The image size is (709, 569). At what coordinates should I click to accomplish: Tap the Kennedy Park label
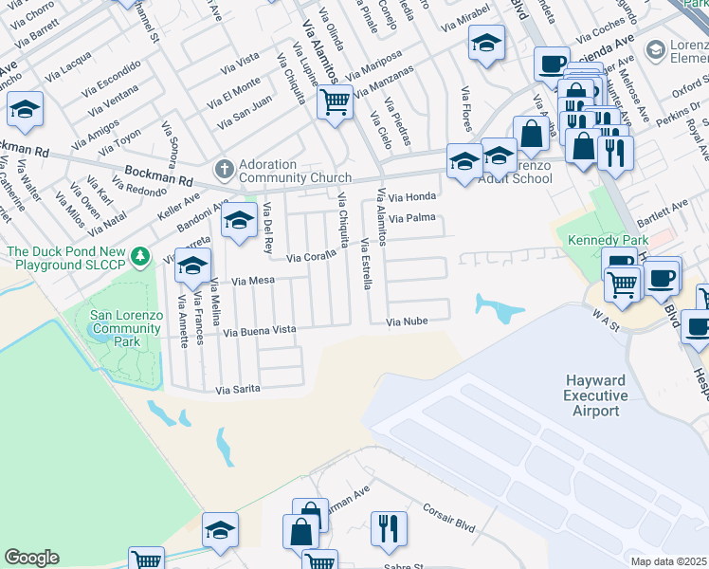(607, 240)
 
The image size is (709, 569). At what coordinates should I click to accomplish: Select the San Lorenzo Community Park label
(128, 328)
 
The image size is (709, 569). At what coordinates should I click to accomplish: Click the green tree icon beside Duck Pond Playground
(140, 255)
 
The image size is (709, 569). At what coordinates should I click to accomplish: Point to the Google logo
(31, 558)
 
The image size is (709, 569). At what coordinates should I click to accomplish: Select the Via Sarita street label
(237, 389)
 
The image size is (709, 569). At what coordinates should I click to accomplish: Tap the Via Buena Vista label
(260, 330)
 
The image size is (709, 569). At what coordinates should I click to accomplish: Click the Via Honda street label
(414, 197)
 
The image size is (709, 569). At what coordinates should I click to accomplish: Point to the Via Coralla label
(312, 256)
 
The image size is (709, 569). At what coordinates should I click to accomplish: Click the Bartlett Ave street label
(668, 209)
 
